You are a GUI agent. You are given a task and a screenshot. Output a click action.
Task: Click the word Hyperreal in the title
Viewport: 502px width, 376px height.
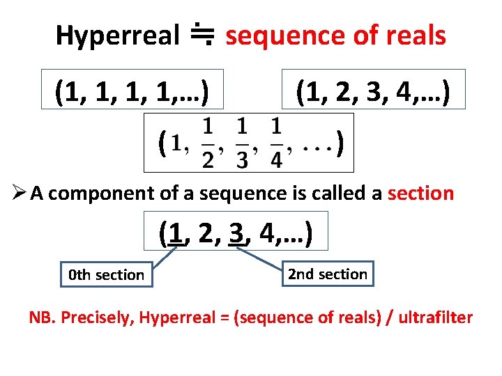(118, 36)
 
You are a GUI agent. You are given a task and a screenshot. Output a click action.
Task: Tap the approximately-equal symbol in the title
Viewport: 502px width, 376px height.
(203, 35)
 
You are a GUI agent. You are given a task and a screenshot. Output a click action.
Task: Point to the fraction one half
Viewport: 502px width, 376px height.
(207, 143)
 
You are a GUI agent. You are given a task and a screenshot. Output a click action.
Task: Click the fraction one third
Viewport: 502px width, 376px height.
(241, 143)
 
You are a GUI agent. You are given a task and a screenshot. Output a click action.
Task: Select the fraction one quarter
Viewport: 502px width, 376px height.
(275, 143)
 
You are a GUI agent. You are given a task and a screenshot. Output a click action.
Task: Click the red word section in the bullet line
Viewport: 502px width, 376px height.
(421, 194)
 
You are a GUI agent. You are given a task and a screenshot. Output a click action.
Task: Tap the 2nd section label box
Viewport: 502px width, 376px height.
(328, 274)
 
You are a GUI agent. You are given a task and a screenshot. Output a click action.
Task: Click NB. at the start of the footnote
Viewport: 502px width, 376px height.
(42, 318)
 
